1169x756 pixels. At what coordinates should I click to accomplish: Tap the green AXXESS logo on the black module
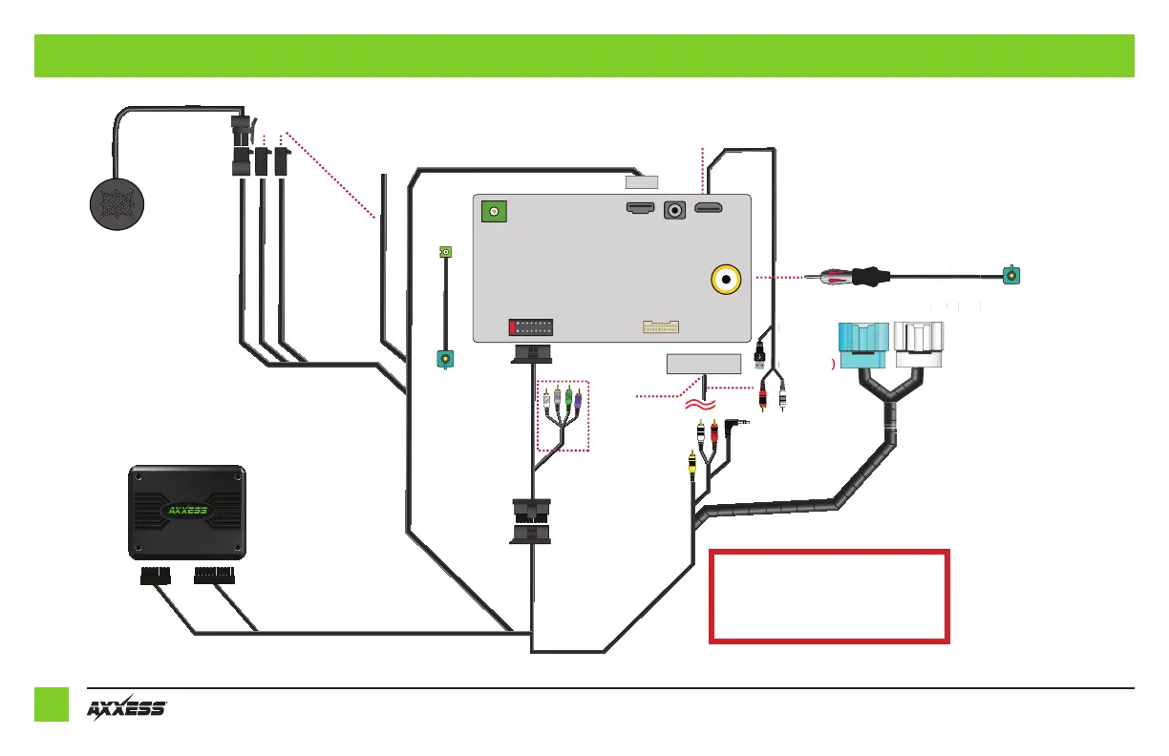tap(187, 510)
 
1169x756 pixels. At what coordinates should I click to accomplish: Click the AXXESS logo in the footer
tap(127, 707)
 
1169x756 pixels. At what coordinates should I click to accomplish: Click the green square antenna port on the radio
tap(495, 212)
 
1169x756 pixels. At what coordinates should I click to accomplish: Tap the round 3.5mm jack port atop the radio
tap(677, 209)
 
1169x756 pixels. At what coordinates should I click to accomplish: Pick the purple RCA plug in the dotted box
tap(578, 399)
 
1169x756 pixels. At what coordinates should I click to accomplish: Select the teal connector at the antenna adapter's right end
tap(1010, 277)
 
